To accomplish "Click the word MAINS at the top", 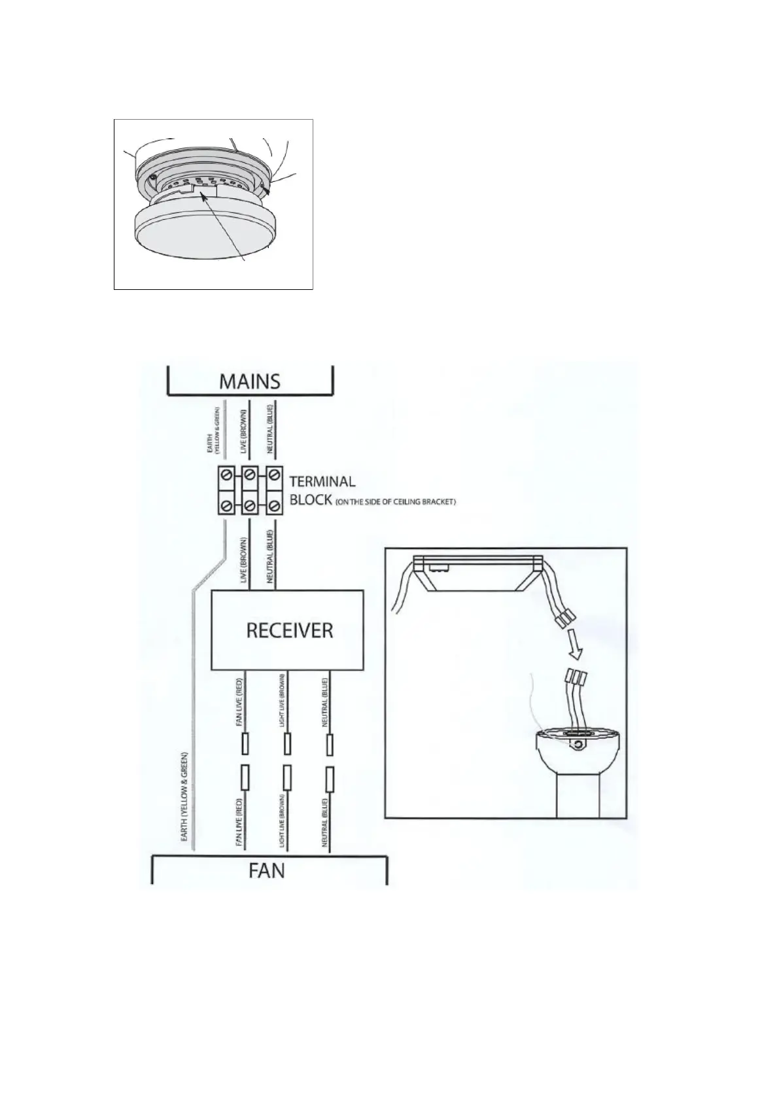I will (x=249, y=381).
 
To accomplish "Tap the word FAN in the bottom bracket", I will (x=267, y=872).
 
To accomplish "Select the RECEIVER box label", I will (x=289, y=630).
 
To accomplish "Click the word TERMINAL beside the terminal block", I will (x=322, y=482).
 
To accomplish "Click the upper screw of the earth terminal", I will (x=227, y=472).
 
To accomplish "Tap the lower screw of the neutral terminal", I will (x=273, y=506).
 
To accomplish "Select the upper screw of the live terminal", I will (x=249, y=472).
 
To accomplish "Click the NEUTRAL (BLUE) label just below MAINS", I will (x=269, y=432).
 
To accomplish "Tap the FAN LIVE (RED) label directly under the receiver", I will (x=239, y=703).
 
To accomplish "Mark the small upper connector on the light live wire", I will (x=287, y=743).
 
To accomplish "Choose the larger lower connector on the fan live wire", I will (x=245, y=778).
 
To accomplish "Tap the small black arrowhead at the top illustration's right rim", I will (x=264, y=190).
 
